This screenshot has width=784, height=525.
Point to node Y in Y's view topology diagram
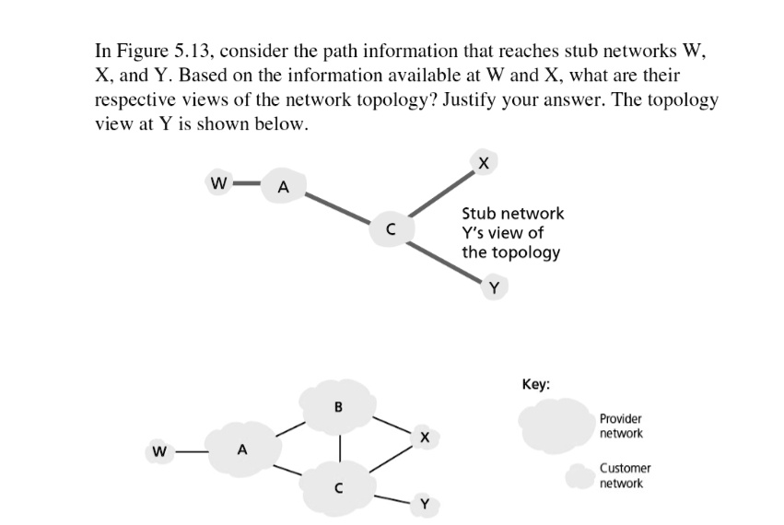(x=494, y=287)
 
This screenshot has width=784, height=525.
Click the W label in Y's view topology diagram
(x=218, y=181)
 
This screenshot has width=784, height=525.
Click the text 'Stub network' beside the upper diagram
(x=512, y=214)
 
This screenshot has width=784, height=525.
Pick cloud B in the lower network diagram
(x=338, y=406)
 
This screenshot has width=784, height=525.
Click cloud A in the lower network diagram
(x=242, y=450)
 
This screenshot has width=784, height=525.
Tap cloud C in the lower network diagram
(x=338, y=488)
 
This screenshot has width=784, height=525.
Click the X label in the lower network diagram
(x=422, y=437)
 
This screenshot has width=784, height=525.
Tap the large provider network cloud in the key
(x=555, y=426)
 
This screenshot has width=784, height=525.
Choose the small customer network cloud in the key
(x=578, y=476)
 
